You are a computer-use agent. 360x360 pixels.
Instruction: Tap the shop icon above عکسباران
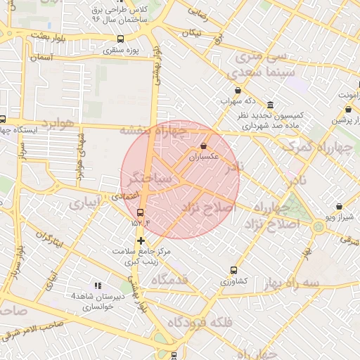204,146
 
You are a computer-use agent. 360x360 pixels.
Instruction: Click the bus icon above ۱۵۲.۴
140,212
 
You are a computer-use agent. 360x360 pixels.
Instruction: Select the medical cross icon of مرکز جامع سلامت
141,240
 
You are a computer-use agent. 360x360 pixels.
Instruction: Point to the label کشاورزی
233,281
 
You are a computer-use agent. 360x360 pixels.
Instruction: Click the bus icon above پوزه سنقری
120,39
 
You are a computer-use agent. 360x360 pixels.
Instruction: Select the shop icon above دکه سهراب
238,91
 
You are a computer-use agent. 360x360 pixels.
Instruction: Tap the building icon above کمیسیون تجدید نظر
271,103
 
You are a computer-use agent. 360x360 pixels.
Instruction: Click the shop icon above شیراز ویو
340,207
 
